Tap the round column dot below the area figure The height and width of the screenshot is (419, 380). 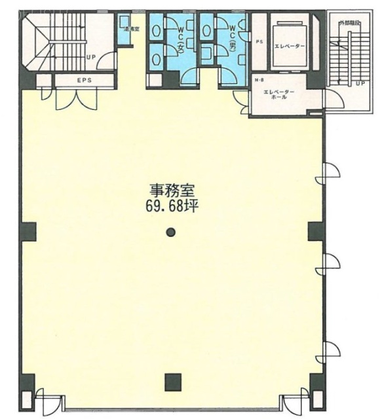[171, 230]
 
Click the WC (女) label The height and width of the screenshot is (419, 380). [179, 40]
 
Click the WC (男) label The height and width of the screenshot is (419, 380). [232, 41]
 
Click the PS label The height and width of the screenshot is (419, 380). [259, 43]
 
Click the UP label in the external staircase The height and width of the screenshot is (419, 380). [359, 84]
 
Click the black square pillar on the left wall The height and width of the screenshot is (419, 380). [29, 230]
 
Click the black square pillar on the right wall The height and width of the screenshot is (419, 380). [314, 230]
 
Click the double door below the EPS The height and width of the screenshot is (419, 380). [67, 100]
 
